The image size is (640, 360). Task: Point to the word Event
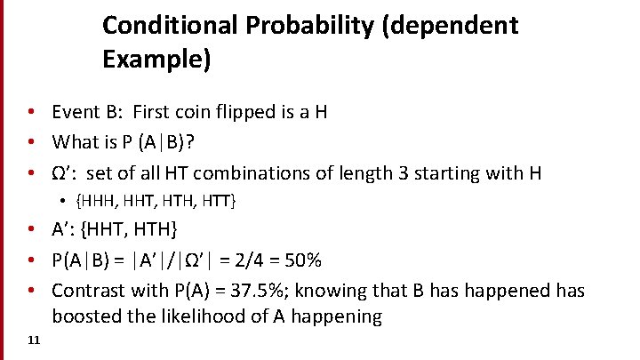click(76, 112)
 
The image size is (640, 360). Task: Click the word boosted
click(87, 316)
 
